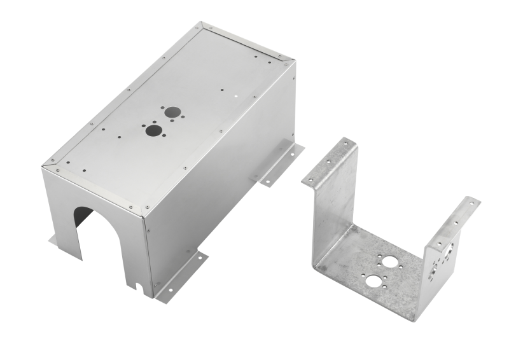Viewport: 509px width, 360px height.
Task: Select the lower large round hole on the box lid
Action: click(153, 131)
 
